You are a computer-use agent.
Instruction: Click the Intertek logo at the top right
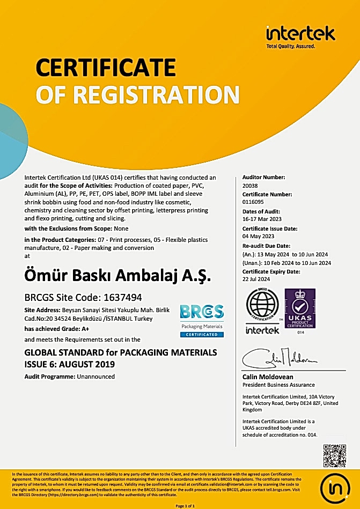click(x=300, y=35)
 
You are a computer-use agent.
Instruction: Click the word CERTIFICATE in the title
click(x=106, y=68)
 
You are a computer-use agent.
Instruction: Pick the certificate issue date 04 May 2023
click(x=259, y=236)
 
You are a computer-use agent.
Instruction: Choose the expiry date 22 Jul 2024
click(x=257, y=280)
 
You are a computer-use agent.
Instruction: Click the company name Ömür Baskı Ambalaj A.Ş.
click(x=118, y=277)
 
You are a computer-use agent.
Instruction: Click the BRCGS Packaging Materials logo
click(x=202, y=320)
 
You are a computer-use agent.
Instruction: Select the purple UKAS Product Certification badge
click(x=300, y=309)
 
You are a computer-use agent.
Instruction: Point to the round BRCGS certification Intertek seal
click(x=262, y=311)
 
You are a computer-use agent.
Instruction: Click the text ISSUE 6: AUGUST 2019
click(x=69, y=364)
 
